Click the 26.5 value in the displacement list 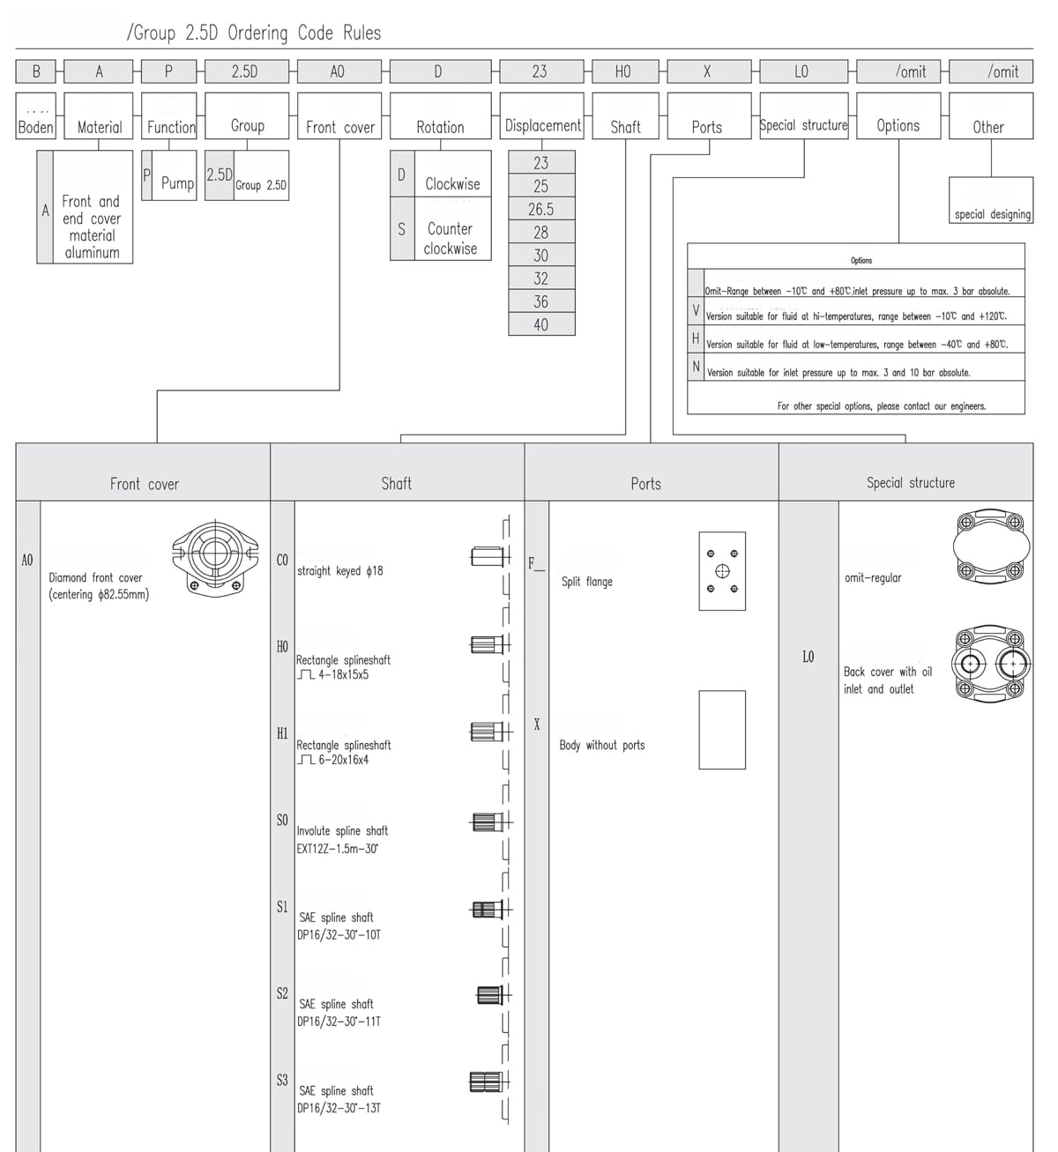[541, 210]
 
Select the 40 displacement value [541, 324]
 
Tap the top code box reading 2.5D [246, 71]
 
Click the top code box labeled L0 [801, 71]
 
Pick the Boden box [35, 127]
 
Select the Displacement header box [542, 125]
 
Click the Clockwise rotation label [452, 183]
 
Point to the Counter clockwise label [451, 239]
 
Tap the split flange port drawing [722, 571]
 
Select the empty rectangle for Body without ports [722, 730]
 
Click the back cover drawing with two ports [992, 664]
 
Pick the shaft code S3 [282, 1080]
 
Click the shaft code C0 [282, 560]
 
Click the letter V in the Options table [696, 311]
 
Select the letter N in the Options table [696, 367]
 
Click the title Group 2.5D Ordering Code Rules [254, 33]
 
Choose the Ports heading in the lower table [645, 483]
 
